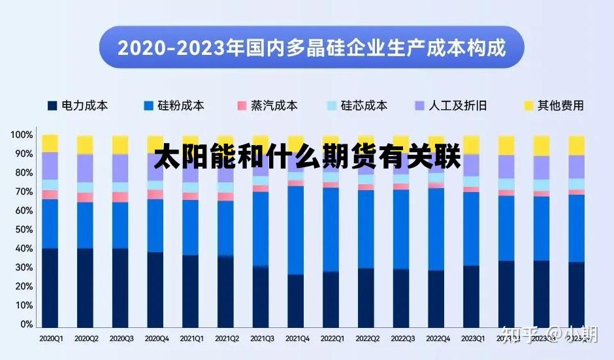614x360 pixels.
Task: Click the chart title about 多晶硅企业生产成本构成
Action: tap(312, 48)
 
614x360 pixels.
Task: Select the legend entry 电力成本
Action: tap(78, 105)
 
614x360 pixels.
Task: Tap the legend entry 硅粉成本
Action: tap(174, 105)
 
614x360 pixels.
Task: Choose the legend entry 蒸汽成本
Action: tap(267, 105)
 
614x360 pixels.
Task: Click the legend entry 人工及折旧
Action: tap(451, 105)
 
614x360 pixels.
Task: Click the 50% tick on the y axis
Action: tap(22, 229)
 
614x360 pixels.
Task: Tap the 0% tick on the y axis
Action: tap(25, 324)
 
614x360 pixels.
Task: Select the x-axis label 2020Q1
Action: tap(51, 339)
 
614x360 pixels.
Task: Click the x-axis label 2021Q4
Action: tap(297, 339)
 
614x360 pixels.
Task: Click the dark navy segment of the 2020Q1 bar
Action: tap(50, 287)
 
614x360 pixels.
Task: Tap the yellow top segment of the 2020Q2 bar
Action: tap(86, 144)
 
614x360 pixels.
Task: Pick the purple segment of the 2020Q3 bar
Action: tap(120, 168)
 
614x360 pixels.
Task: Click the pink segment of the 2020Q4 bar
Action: tap(155, 194)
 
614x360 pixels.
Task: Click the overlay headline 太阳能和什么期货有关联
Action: tap(308, 159)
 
